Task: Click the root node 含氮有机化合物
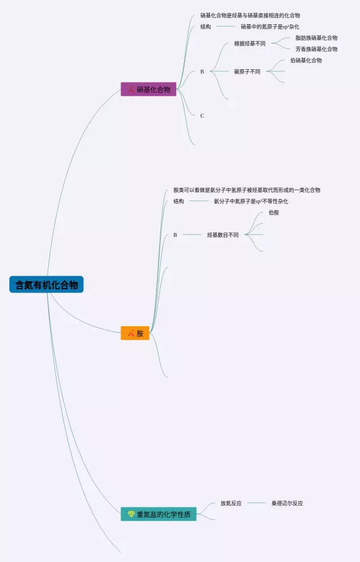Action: (46, 285)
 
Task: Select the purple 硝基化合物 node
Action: (148, 89)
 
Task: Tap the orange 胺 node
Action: (135, 333)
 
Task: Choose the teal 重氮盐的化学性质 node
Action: (159, 514)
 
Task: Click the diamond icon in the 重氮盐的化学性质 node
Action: (131, 514)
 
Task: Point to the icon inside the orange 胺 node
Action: (131, 333)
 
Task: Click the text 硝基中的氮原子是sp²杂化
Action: (270, 26)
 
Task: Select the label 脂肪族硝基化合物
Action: (316, 38)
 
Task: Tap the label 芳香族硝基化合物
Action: (316, 49)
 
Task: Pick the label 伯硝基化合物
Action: (306, 60)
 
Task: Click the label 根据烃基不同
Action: (250, 43)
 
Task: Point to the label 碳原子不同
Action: (247, 71)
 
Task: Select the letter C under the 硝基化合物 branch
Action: (202, 116)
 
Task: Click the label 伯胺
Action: (274, 213)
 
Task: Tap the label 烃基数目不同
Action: (223, 235)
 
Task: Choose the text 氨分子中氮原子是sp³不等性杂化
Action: (251, 201)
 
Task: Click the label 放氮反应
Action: (231, 503)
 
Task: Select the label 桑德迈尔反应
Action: (287, 503)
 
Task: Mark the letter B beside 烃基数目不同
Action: (175, 235)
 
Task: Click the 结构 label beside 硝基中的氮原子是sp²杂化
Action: (205, 26)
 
